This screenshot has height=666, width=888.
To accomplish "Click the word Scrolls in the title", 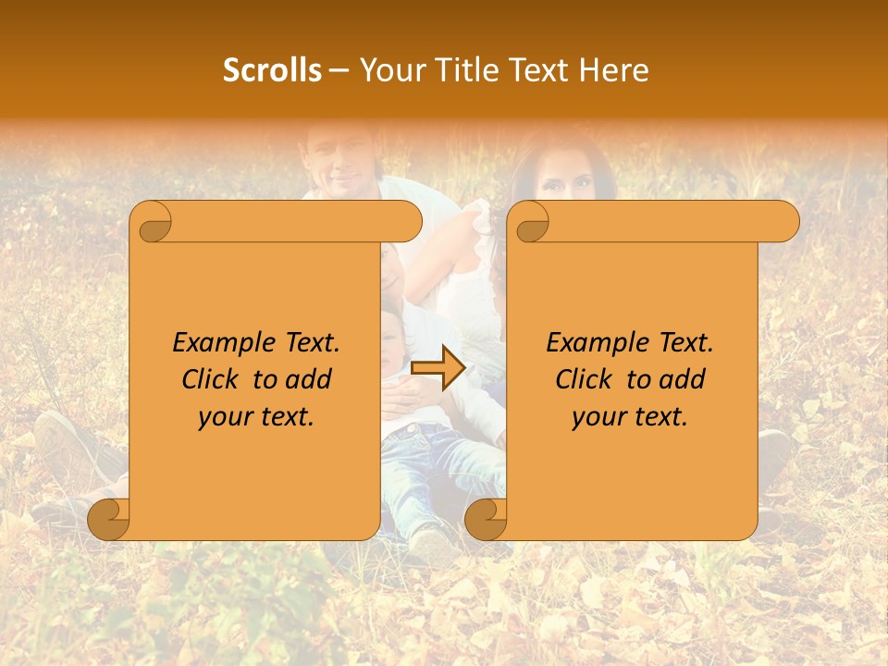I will (x=272, y=70).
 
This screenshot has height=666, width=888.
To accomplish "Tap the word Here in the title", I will (x=613, y=70).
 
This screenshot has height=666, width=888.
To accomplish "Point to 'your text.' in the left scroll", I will (x=256, y=417).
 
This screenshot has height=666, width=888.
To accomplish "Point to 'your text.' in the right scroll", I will (x=630, y=417).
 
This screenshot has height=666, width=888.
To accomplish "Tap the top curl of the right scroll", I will (x=530, y=222).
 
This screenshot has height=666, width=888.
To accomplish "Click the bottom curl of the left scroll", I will (x=108, y=519).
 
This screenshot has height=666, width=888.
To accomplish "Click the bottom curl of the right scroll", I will (x=486, y=519).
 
